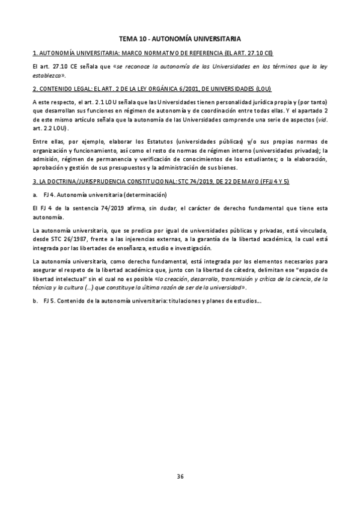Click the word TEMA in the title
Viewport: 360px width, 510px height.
127,38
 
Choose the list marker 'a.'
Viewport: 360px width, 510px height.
35,195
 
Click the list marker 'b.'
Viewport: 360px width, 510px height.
35,301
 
